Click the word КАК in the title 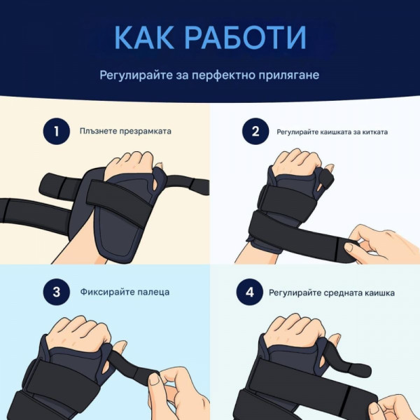pyautogui.click(x=143, y=37)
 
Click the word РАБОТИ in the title pyautogui.click(x=246, y=37)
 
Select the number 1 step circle pyautogui.click(x=57, y=132)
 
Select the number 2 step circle pyautogui.click(x=255, y=132)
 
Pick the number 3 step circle pyautogui.click(x=57, y=292)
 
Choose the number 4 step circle pyautogui.click(x=250, y=292)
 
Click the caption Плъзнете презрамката pyautogui.click(x=125, y=132)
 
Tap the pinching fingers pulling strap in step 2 pyautogui.click(x=380, y=242)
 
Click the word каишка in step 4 pyautogui.click(x=379, y=293)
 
